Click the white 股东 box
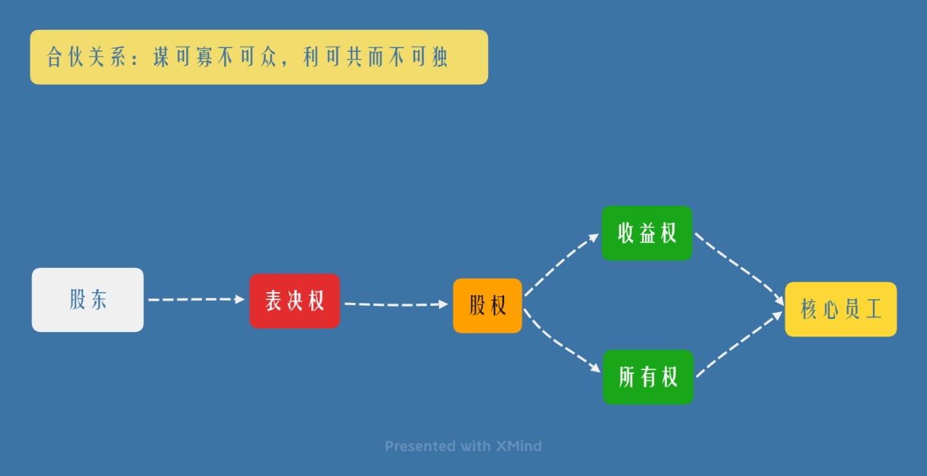click(x=88, y=299)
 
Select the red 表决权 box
click(x=294, y=301)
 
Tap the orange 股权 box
click(x=487, y=305)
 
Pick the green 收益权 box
click(x=647, y=233)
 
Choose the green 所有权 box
click(x=648, y=377)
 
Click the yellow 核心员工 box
click(x=841, y=309)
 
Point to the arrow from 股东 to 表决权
click(x=196, y=299)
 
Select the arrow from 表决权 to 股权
click(x=395, y=304)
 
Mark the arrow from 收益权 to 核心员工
click(x=738, y=266)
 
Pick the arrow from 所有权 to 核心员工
click(x=738, y=346)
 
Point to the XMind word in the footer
click(x=518, y=446)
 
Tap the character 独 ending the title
click(x=440, y=58)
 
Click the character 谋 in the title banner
click(x=161, y=58)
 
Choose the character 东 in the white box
click(x=99, y=299)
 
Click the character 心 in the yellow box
click(x=830, y=309)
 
